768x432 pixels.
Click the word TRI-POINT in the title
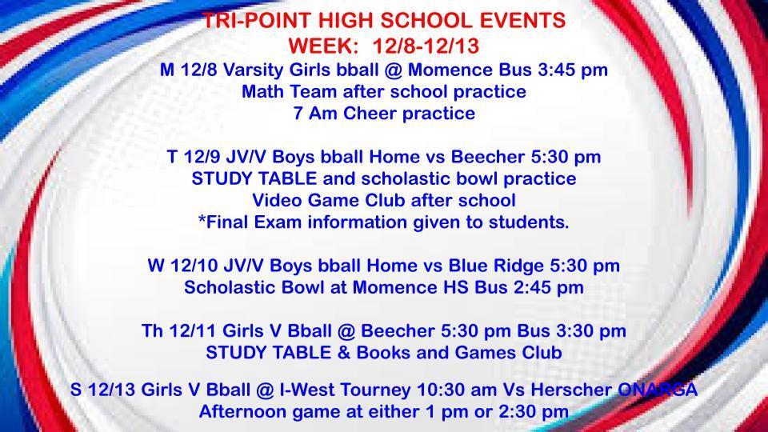pos(257,21)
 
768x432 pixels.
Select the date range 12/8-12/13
pos(426,46)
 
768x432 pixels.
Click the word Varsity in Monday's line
pos(252,70)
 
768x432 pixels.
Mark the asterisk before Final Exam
pos(202,219)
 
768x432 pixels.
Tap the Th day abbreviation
pos(152,330)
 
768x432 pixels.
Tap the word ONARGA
pos(658,390)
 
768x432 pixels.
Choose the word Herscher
pos(571,390)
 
